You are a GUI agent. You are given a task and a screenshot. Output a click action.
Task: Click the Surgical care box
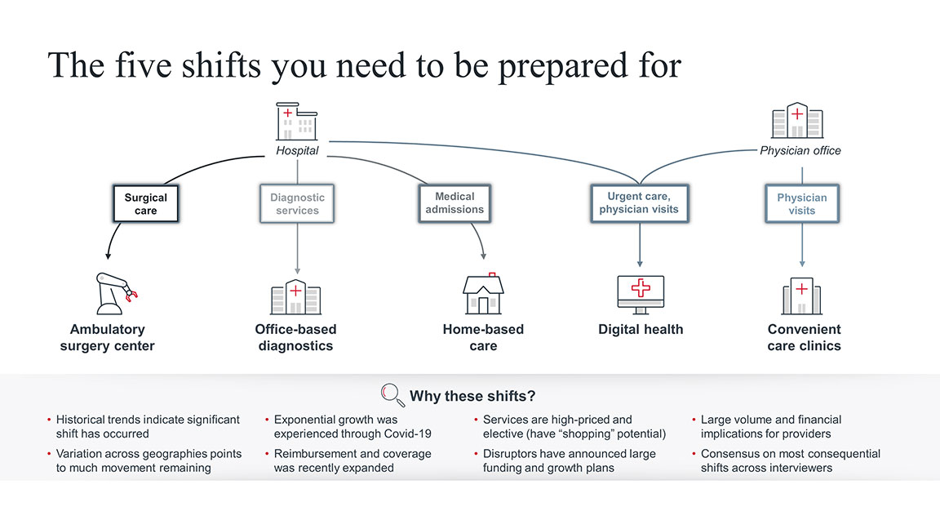145,204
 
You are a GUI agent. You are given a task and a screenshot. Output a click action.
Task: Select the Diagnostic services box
297,204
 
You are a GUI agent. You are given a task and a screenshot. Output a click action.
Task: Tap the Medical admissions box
454,203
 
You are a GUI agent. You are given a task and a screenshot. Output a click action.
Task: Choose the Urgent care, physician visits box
639,203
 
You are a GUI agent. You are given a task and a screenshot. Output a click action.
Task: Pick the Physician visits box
801,204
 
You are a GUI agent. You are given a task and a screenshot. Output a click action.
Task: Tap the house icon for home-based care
483,294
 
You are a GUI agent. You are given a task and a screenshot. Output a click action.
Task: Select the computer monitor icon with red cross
641,294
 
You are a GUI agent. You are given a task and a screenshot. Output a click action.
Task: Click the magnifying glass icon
393,395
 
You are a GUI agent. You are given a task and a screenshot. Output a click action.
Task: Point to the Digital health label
641,330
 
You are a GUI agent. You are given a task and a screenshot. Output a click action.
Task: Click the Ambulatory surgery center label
107,337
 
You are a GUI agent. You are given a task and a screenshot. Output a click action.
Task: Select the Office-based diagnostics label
295,337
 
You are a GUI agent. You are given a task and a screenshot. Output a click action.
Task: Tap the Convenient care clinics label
804,337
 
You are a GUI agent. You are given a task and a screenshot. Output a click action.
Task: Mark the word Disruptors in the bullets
510,454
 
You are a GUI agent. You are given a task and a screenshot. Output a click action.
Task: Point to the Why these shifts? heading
472,397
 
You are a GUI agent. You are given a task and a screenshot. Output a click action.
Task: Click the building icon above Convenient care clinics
801,296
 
